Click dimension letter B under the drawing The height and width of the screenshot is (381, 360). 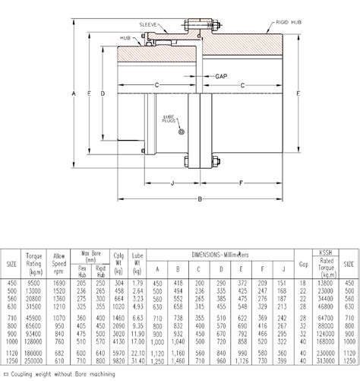(199, 199)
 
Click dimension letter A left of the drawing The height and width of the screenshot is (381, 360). (74, 94)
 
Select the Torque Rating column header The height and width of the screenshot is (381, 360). (35, 260)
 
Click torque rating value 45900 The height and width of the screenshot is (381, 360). (35, 317)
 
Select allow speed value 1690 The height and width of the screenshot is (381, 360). (60, 283)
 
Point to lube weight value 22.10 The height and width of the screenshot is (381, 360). (137, 354)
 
